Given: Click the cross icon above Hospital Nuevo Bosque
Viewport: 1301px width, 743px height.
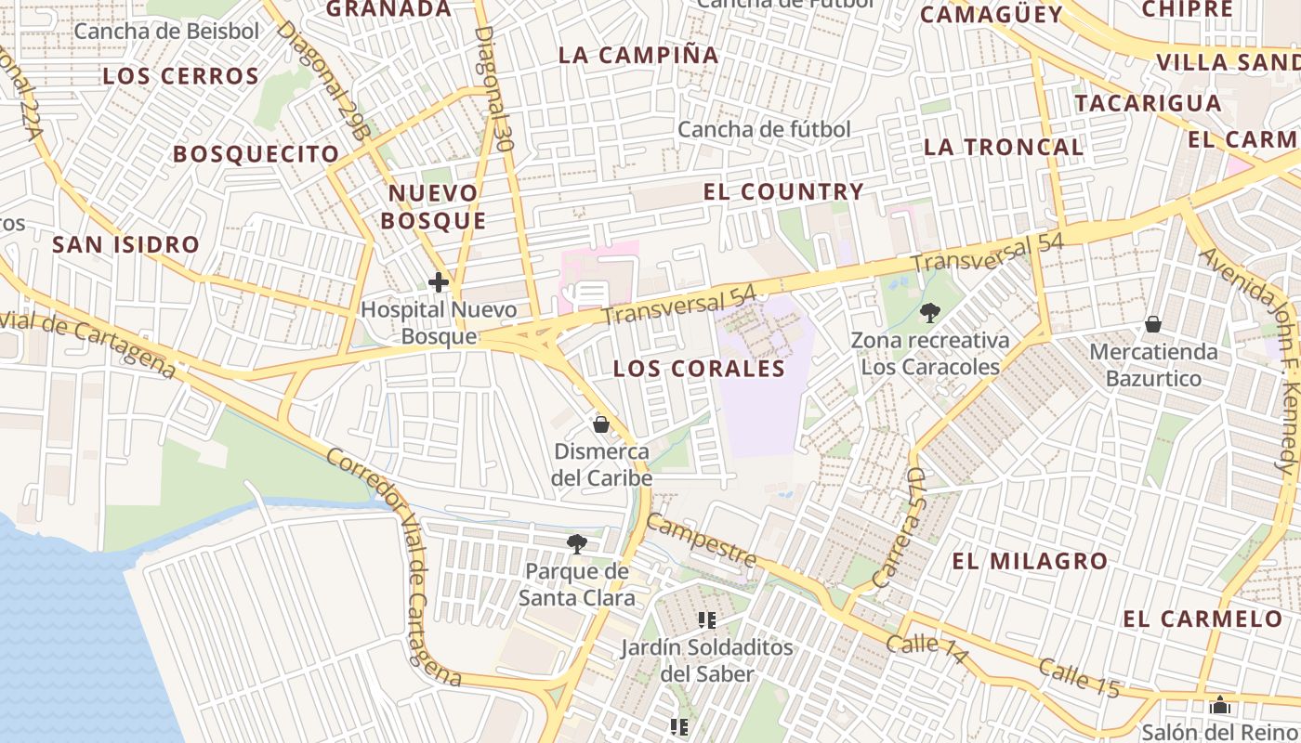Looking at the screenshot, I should [x=438, y=282].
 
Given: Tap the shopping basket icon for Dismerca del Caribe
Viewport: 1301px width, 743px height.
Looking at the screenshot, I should [x=601, y=424].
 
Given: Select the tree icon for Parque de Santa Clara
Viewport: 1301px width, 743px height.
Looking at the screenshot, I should [x=577, y=543].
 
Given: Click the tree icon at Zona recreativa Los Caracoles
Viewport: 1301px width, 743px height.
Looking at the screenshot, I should [x=928, y=313].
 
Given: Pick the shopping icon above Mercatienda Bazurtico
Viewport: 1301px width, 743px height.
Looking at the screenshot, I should [x=1153, y=324].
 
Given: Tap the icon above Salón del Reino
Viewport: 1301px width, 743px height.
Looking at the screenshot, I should [x=1220, y=706].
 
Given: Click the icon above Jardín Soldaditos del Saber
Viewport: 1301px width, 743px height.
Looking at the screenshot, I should [x=707, y=619].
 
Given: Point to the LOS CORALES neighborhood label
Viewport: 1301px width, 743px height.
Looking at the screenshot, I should [x=699, y=369].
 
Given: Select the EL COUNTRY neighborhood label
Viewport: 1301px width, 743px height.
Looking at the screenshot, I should [x=783, y=192].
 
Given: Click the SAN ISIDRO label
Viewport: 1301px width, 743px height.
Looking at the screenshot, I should [x=125, y=245].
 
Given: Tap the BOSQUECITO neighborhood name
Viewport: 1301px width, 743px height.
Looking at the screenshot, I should [x=256, y=154].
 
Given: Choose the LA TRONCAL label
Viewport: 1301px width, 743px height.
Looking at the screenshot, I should [x=1004, y=147].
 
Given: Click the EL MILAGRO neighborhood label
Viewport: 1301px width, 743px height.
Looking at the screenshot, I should [x=1030, y=561].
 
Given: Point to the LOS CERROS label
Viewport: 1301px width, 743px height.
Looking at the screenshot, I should [x=180, y=76].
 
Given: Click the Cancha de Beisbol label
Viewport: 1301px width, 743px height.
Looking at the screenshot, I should [x=166, y=31].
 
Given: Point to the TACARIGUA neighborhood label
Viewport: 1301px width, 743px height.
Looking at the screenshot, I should [x=1148, y=102].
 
